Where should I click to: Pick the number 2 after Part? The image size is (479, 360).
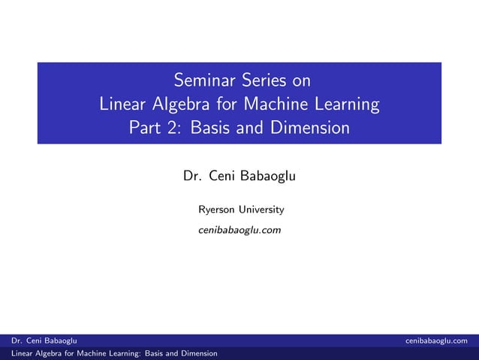[174, 128]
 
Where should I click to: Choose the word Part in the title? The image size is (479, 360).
[145, 128]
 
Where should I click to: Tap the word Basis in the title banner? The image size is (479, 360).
[212, 128]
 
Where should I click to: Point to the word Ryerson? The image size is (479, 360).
[215, 209]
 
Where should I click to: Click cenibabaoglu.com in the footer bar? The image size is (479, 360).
[441, 340]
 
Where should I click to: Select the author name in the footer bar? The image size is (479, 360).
[38, 340]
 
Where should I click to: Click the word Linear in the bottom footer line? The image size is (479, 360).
[14, 353]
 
